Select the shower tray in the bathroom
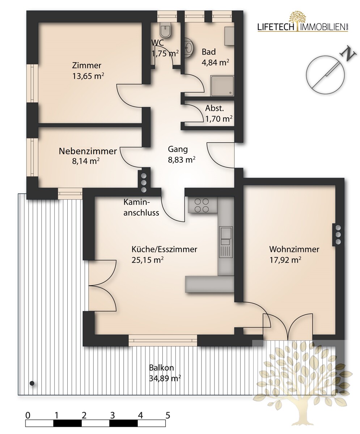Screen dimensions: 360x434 pyautogui.click(x=222, y=86)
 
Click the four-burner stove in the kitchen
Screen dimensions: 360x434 pyautogui.click(x=202, y=205)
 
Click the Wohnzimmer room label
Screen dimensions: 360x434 pyautogui.click(x=294, y=249)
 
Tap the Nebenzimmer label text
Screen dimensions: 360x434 pyautogui.click(x=88, y=151)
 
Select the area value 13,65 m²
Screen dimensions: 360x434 pyautogui.click(x=88, y=76)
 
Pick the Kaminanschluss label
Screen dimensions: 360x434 pyautogui.click(x=141, y=207)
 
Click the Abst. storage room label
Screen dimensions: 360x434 pyautogui.click(x=215, y=108)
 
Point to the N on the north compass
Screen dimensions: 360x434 pyautogui.click(x=348, y=54)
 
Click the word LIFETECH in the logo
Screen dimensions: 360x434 pyautogui.click(x=276, y=27)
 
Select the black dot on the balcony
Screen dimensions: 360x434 pyautogui.click(x=32, y=383)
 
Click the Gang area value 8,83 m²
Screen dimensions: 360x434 pyautogui.click(x=181, y=160)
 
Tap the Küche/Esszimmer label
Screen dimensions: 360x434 pyautogui.click(x=164, y=249)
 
